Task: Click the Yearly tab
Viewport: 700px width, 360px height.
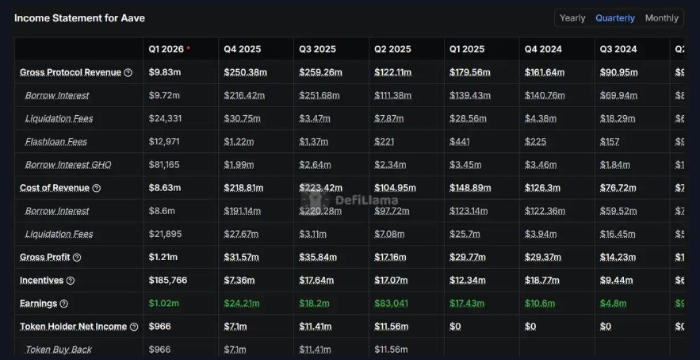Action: [572, 18]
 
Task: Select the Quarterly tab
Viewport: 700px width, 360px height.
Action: [615, 18]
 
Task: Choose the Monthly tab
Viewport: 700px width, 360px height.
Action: [661, 18]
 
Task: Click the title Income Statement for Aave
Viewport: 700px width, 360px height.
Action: [79, 17]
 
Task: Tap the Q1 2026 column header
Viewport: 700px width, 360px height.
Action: [166, 49]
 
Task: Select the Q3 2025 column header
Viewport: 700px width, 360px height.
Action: [317, 49]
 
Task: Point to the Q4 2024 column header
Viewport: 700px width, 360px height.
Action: [543, 49]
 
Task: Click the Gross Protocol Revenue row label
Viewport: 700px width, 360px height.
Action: [71, 72]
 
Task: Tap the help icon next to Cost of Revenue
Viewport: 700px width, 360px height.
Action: [97, 189]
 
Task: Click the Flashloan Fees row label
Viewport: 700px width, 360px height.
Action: [56, 142]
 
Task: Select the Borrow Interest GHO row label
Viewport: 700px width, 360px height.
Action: [68, 165]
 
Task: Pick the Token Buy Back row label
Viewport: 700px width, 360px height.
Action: [59, 350]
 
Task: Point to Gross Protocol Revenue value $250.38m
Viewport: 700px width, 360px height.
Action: [245, 72]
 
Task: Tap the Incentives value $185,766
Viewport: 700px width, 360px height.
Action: [168, 281]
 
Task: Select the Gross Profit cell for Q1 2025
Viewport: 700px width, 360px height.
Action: [467, 258]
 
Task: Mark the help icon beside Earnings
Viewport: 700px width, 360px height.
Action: [64, 304]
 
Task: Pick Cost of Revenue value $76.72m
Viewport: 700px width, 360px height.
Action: [618, 189]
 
